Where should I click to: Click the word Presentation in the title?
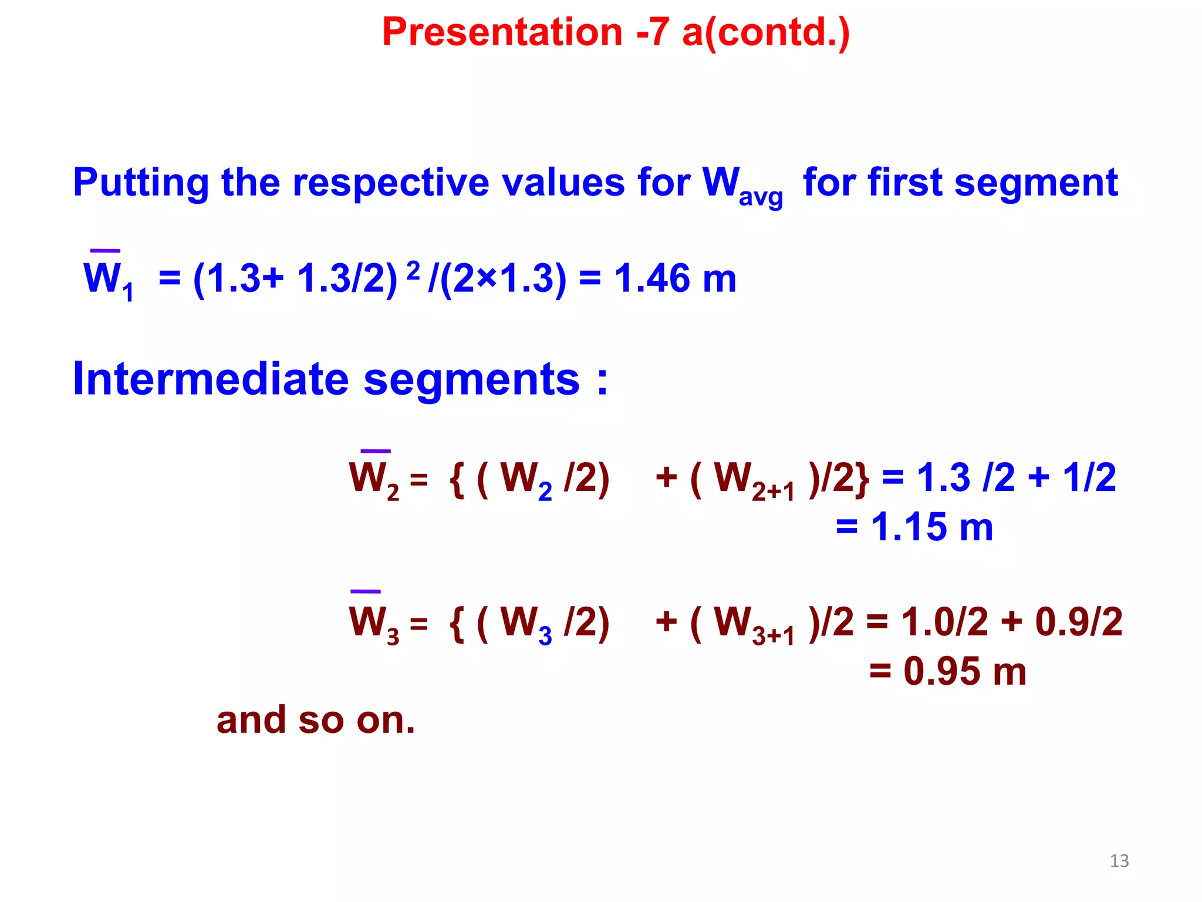tap(502, 32)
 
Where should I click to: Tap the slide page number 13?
tap(1119, 861)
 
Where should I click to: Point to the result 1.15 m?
tap(931, 527)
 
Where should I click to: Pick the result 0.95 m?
tap(964, 671)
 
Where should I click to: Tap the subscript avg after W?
tap(761, 197)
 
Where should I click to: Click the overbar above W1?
tap(105, 251)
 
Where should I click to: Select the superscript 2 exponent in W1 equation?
tap(413, 271)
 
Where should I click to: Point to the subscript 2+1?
tap(773, 492)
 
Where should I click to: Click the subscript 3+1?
tap(773, 636)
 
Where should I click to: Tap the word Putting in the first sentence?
tap(140, 183)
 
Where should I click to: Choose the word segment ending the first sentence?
tap(1036, 183)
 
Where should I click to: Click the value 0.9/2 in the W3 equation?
tap(1079, 621)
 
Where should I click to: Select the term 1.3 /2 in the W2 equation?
tap(965, 477)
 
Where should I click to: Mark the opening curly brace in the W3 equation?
tap(457, 622)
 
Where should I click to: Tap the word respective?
tap(390, 183)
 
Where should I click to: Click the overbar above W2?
tap(376, 451)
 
